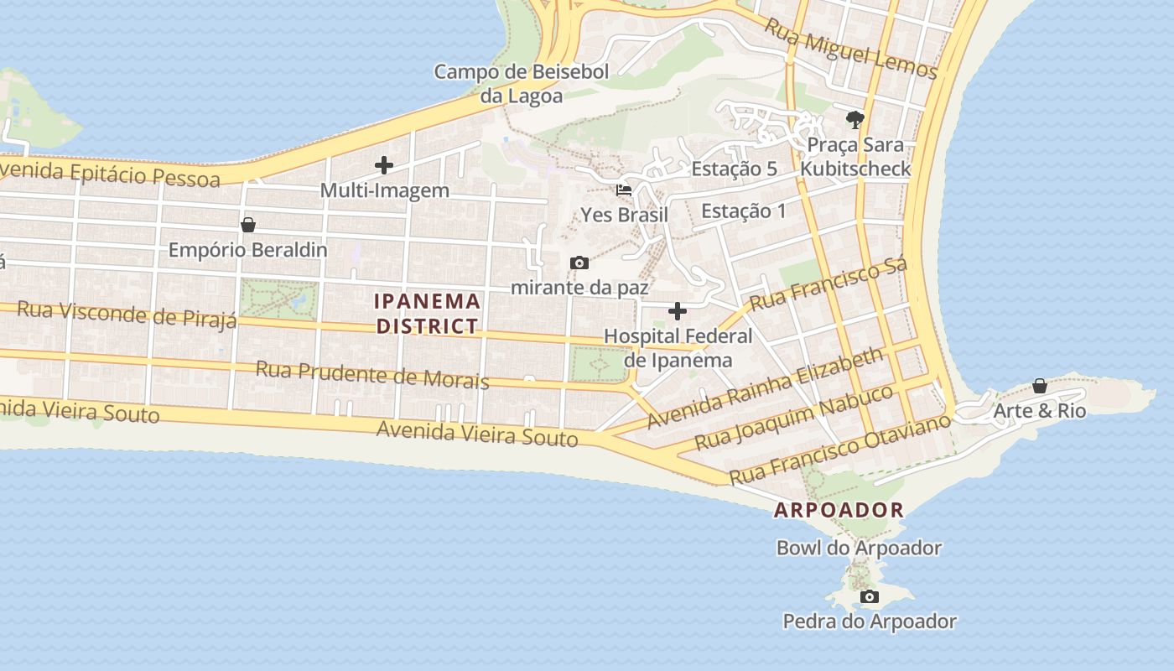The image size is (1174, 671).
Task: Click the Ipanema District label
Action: [428, 314]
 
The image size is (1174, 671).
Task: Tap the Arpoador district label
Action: [839, 510]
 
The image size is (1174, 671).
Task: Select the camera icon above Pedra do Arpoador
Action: [870, 597]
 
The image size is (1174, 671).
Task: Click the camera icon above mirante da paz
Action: [579, 263]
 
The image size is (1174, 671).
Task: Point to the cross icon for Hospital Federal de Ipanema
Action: [678, 312]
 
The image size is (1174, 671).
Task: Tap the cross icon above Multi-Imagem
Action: [384, 165]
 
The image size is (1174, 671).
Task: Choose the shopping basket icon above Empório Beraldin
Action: [247, 225]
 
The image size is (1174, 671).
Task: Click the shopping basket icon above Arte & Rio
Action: [1039, 387]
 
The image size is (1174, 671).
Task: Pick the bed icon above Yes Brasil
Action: [624, 190]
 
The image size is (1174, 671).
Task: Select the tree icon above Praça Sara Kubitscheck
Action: [855, 120]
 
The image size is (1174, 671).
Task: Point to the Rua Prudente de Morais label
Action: [372, 375]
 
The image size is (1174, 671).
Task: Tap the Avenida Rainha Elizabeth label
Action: [766, 388]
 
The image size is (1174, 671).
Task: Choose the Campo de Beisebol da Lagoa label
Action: [521, 84]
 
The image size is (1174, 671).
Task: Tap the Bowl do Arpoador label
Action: [859, 549]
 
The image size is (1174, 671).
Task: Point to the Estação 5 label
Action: [735, 169]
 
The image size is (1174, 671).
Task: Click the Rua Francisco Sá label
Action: [829, 286]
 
